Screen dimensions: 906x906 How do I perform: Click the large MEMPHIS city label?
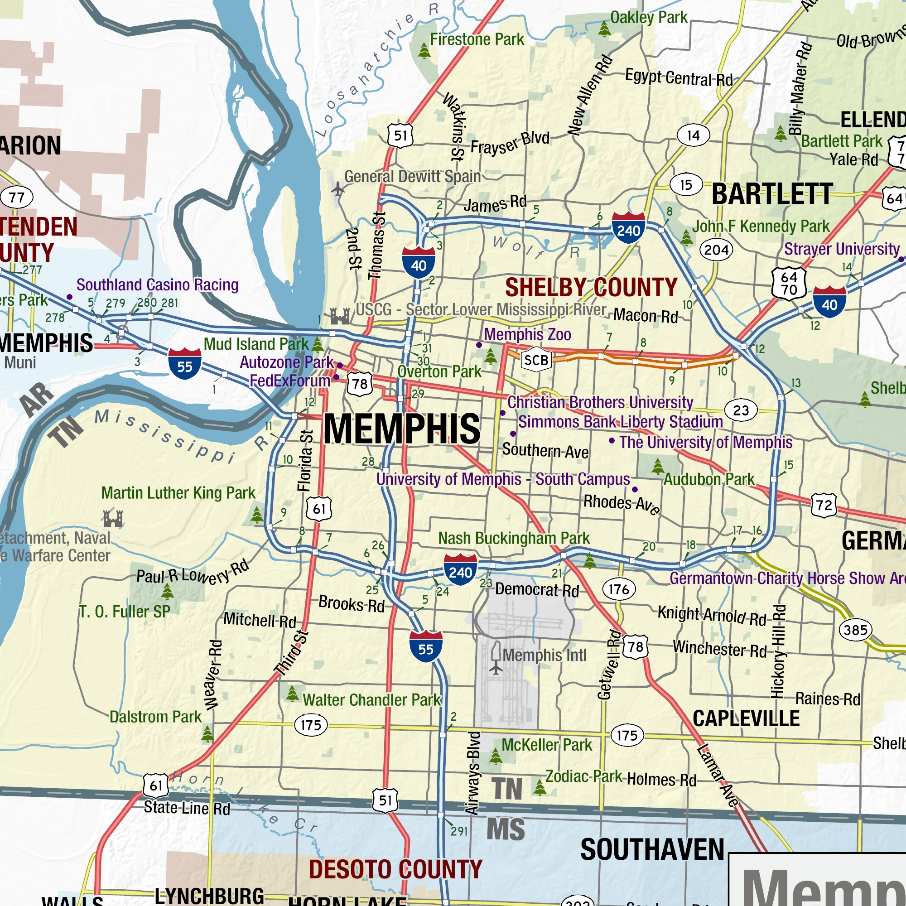402,429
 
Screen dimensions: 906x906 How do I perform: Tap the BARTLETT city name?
772,194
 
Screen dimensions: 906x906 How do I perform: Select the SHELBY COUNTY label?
591,287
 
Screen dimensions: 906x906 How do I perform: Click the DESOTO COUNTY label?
395,869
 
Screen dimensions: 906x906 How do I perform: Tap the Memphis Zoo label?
527,334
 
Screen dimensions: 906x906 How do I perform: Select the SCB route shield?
536,360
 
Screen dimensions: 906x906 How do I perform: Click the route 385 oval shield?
855,630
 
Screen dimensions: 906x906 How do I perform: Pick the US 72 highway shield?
824,505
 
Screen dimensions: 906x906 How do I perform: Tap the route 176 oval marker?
618,589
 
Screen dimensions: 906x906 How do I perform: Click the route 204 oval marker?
716,250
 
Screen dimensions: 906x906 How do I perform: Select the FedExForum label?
290,381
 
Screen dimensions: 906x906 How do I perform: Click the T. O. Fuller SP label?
124,612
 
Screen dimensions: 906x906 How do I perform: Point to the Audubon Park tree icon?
658,466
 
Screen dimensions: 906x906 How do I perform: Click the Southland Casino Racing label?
157,284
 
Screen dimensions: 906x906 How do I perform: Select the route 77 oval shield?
17,197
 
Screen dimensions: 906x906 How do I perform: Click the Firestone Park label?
477,39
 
